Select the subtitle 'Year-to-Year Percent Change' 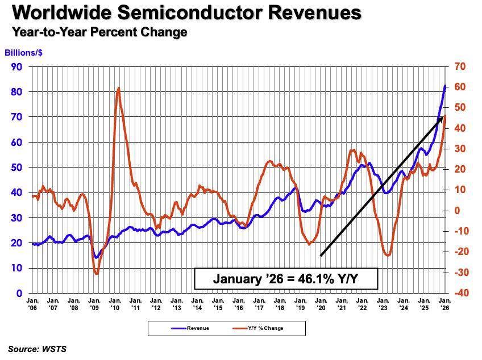pos(100,32)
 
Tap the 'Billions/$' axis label pos(23,53)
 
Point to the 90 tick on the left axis pos(16,66)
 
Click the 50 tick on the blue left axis pos(16,167)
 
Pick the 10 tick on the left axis pos(16,267)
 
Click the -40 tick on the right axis pos(460,293)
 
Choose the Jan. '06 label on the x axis pos(32,304)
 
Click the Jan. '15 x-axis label pos(218,304)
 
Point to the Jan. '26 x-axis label pos(444,304)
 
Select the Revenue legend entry pos(190,328)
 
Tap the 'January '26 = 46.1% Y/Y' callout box pos(286,279)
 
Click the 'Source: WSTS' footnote pos(37,349)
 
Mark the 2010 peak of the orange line pos(118,88)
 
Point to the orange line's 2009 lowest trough pos(97,274)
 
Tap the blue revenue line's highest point pos(444,86)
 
